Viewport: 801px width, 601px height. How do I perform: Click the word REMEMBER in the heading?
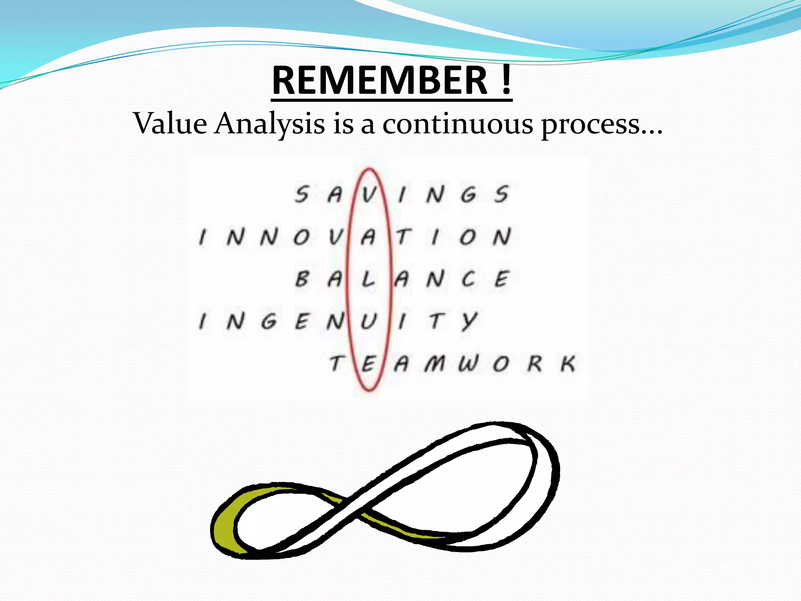(x=379, y=81)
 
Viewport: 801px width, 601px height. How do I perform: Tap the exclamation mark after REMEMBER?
(x=506, y=81)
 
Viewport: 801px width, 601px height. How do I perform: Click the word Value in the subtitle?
(x=170, y=124)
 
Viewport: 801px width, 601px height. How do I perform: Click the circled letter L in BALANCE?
(x=368, y=279)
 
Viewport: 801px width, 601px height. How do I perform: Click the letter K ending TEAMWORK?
(x=568, y=364)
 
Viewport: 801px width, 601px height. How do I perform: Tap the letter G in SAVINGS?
(x=468, y=194)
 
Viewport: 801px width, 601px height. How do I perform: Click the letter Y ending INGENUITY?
(x=469, y=322)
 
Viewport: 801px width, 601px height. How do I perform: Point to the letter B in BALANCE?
(x=302, y=279)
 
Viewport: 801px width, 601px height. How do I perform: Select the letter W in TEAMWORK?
(x=468, y=364)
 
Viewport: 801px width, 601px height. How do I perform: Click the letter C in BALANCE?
(x=468, y=279)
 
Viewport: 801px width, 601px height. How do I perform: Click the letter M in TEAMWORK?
(x=435, y=364)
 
